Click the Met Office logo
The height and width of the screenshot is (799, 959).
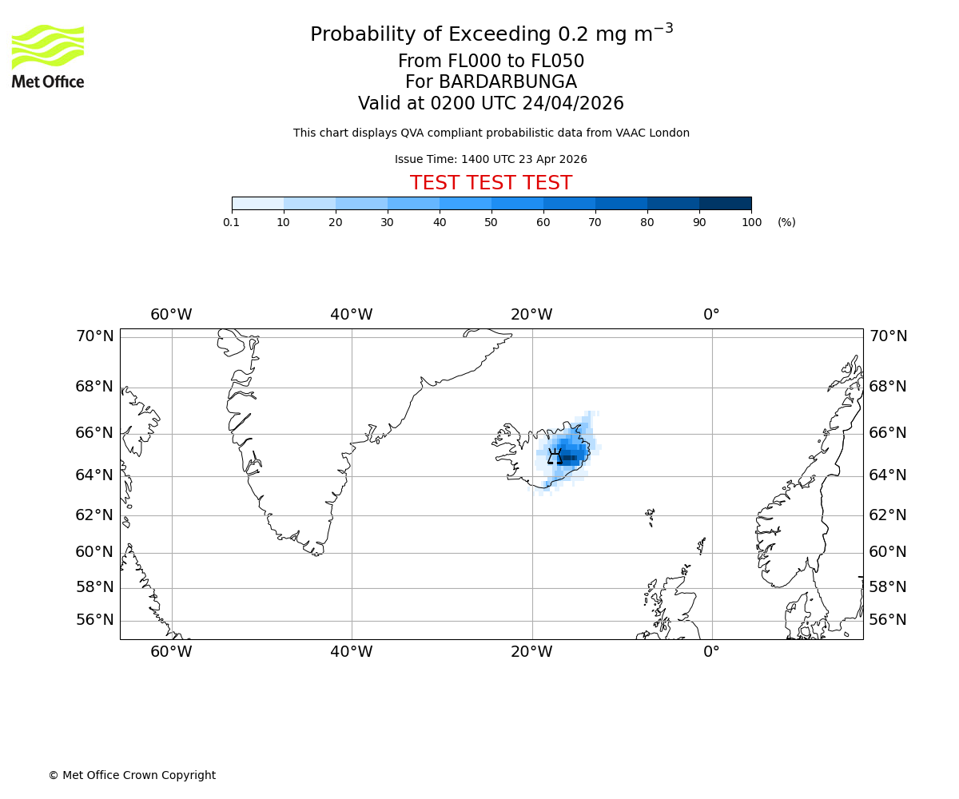coord(48,56)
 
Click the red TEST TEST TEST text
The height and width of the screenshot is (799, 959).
coord(491,183)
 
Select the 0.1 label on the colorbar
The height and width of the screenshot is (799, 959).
coord(232,222)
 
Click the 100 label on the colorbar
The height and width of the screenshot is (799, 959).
coord(751,222)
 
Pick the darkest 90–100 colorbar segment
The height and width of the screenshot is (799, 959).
coord(725,203)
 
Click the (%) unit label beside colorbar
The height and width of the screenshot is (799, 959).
coord(786,222)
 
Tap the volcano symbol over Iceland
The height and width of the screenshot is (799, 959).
coord(555,457)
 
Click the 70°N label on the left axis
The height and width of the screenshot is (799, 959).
coord(94,336)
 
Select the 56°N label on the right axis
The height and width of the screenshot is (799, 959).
coord(888,620)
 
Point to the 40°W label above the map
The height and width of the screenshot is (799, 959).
coord(352,315)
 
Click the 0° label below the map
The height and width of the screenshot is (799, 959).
coord(711,652)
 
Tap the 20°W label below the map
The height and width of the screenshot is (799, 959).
coord(531,652)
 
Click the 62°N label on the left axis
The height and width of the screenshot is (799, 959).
coord(94,515)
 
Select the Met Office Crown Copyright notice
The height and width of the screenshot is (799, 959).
coord(132,775)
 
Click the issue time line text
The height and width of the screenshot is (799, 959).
coord(491,159)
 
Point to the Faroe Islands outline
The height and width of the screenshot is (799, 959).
coord(651,515)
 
